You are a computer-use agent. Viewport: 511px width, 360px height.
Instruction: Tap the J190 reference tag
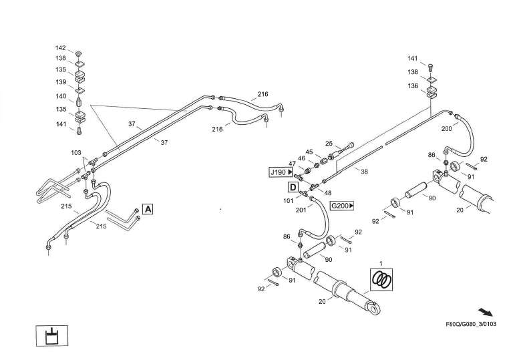281,172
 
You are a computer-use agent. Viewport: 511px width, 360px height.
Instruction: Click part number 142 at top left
61,48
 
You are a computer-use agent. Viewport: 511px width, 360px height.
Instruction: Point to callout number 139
61,82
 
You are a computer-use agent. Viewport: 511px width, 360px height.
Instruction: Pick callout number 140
61,96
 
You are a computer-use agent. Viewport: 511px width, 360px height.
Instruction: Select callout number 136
413,86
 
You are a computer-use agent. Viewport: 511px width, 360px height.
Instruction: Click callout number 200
447,128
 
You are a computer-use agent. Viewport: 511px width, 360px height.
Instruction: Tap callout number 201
301,210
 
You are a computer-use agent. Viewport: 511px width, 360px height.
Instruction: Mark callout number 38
364,171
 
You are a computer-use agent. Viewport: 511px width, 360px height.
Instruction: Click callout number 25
329,144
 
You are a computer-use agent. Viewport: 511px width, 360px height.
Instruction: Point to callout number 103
76,153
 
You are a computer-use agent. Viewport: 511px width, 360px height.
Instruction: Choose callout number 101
288,200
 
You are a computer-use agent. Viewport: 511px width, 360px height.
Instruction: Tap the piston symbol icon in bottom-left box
51,336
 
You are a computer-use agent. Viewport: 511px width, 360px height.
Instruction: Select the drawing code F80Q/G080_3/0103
470,326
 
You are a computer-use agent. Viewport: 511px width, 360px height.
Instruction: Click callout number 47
293,164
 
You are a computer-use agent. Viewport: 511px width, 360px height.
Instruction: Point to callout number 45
309,152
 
